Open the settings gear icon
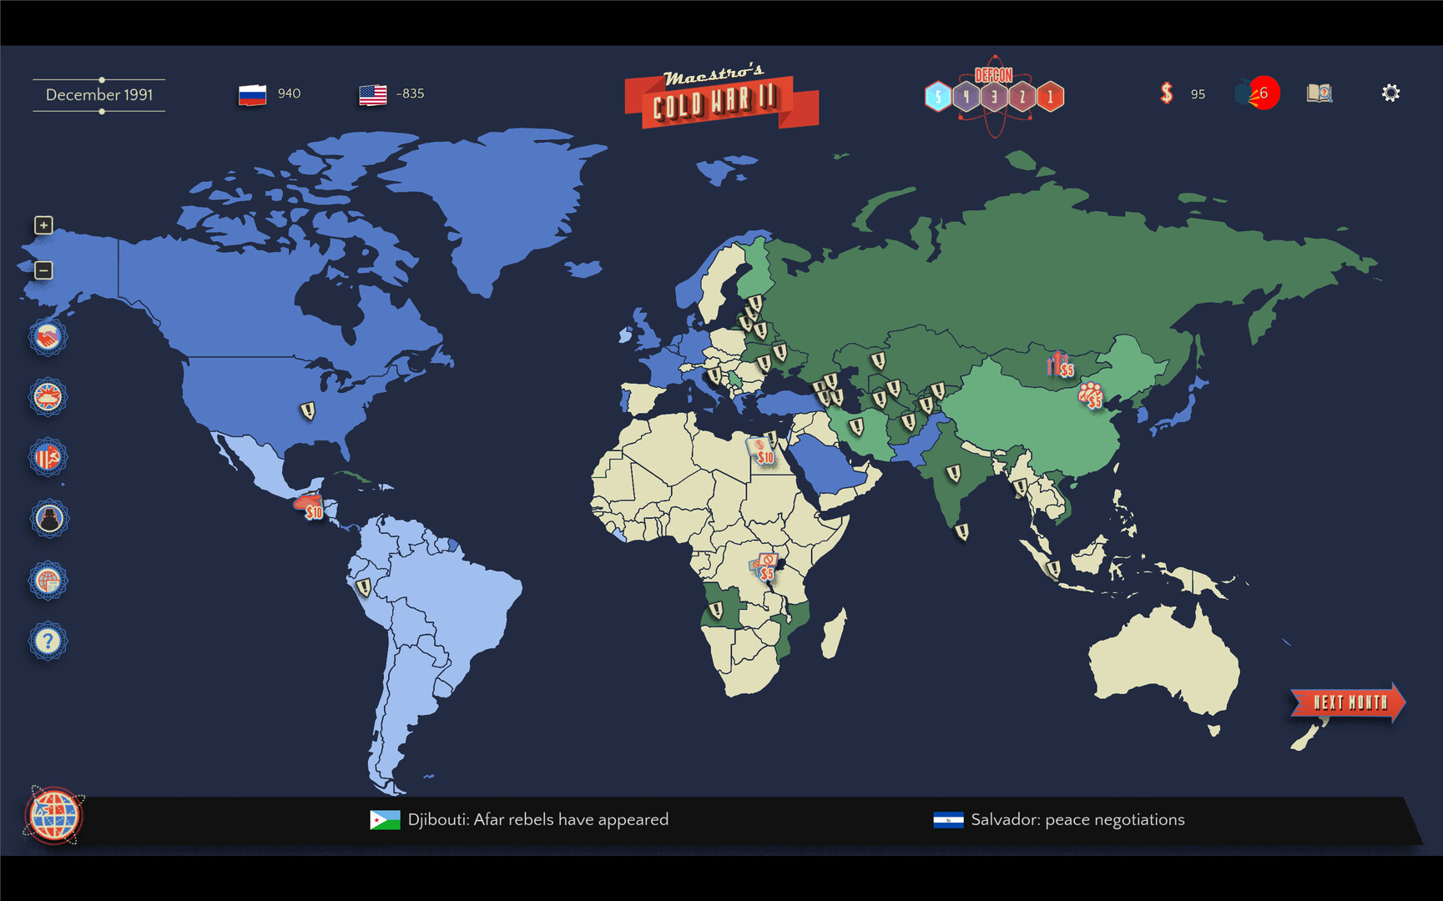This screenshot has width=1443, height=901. pos(1390,93)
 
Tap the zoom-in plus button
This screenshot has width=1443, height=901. pos(43,225)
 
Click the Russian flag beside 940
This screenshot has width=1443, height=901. pos(252,94)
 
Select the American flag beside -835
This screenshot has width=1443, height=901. pos(373,94)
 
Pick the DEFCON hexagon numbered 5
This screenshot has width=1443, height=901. pos(938,97)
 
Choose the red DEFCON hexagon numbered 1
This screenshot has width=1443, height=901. pos(1051,97)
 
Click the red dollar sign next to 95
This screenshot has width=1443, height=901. pos(1167,93)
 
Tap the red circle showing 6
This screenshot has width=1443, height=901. pos(1264,93)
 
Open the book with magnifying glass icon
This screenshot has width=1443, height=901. pos(1319,93)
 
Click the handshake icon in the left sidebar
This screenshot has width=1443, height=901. pos(48,337)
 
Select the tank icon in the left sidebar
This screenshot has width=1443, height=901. pos(48,397)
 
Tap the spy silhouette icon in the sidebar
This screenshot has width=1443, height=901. pos(48,519)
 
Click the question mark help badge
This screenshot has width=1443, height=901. pos(48,641)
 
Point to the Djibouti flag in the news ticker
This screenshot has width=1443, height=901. pos(385,820)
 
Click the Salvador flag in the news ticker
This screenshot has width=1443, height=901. pos(948,820)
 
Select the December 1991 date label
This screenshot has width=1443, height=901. pos(99,95)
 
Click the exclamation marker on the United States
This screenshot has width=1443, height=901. pos(308,410)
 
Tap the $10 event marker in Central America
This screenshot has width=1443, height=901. pos(310,507)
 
